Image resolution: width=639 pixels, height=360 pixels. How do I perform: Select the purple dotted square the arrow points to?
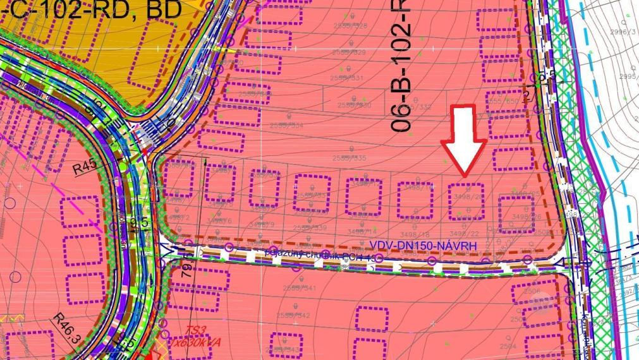click(x=466, y=201)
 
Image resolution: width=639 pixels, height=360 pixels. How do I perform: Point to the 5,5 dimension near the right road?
click(x=547, y=77)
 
